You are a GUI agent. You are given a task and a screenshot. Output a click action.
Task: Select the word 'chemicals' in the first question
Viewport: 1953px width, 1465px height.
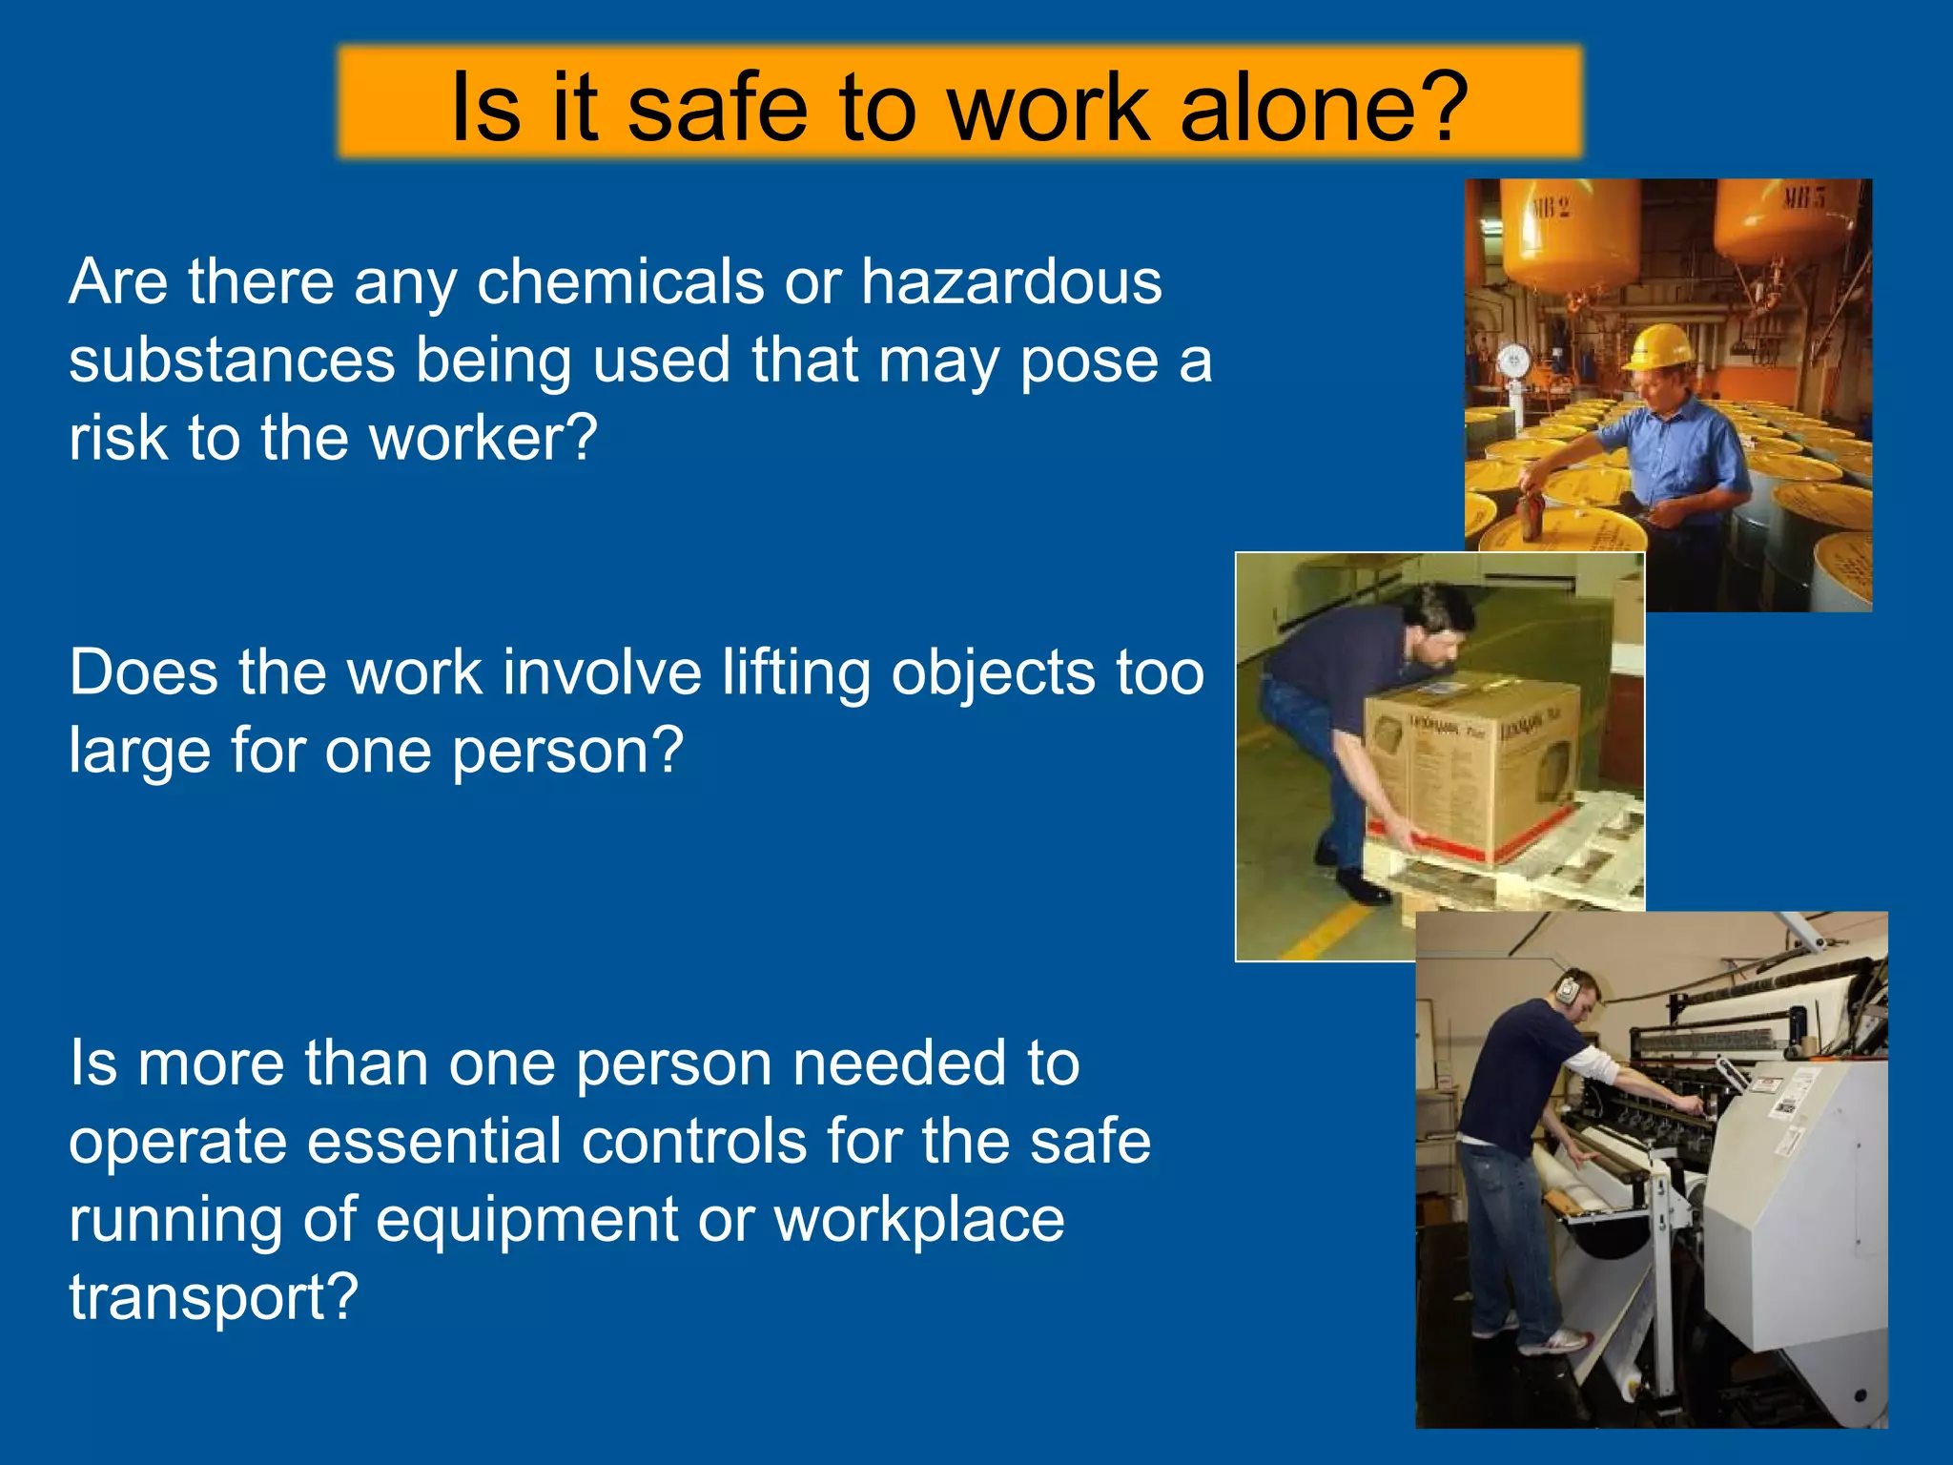(621, 282)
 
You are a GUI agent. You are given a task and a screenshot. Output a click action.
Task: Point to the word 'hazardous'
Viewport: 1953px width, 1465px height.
(1012, 282)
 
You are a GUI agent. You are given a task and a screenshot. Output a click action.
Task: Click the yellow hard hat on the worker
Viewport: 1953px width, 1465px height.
(1660, 345)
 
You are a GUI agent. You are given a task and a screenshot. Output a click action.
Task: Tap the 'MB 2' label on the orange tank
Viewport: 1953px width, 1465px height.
(1551, 207)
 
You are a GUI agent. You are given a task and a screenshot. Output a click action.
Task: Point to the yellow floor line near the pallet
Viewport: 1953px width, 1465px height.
(1326, 930)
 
